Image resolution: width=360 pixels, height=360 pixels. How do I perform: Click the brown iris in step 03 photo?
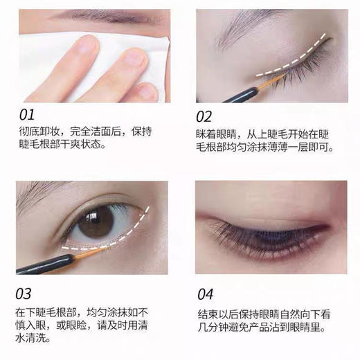(x=96, y=222)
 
